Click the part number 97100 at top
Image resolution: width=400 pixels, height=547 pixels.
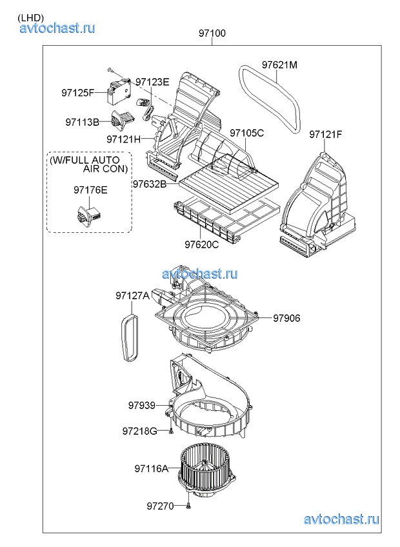point(212,33)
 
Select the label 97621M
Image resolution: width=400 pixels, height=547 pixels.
point(279,65)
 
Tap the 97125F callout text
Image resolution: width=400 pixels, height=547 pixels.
point(78,93)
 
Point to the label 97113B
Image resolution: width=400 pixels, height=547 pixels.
point(82,122)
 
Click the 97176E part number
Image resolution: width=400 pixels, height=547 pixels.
point(90,190)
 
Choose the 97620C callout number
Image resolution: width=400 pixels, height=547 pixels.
point(202,244)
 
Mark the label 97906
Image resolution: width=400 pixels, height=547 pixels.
point(286,318)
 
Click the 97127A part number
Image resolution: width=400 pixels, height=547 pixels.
point(133,296)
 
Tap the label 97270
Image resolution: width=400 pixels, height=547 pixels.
point(160,506)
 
